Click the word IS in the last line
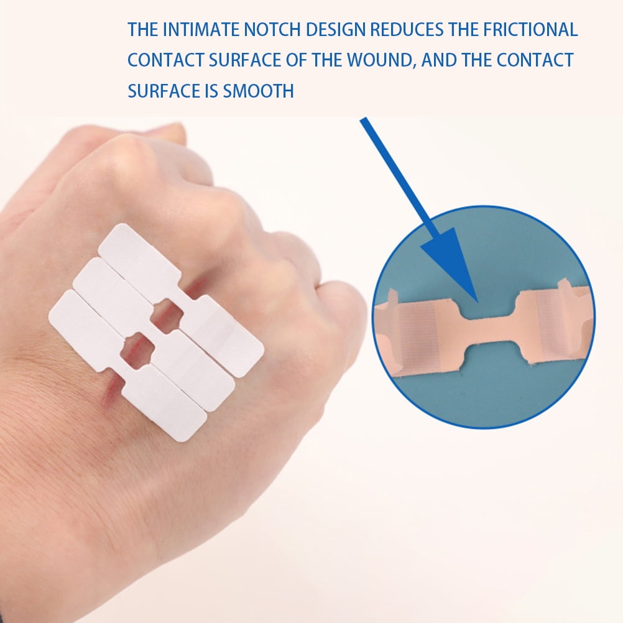pos(210,91)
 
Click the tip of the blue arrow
pos(475,299)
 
